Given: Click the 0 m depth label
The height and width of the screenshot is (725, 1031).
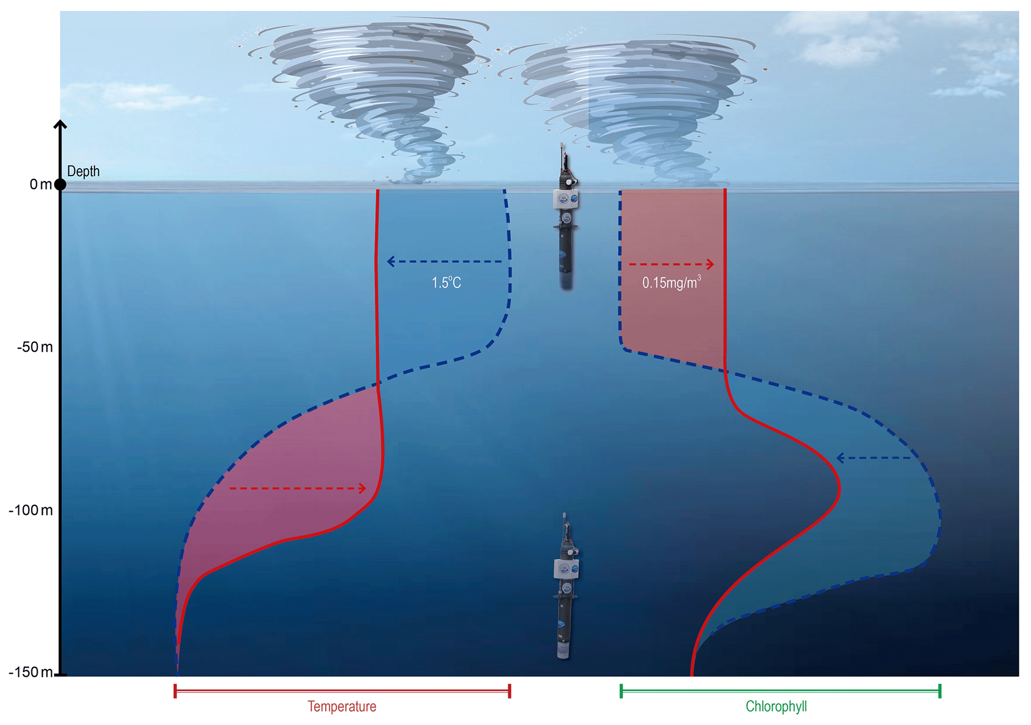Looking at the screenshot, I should click(x=40, y=185).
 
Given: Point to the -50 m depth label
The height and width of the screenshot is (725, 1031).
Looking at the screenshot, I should click(x=35, y=347).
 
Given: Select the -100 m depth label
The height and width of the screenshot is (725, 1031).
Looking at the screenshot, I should click(x=30, y=510).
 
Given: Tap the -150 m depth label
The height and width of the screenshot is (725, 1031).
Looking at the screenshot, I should click(x=30, y=672).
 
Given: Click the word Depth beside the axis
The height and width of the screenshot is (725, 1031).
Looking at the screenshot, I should click(x=83, y=172).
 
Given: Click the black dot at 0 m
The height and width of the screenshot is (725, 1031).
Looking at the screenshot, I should click(x=60, y=185).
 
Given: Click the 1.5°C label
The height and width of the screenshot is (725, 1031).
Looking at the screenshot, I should click(x=446, y=283).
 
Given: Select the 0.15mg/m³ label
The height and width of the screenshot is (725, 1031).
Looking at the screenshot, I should click(x=671, y=283).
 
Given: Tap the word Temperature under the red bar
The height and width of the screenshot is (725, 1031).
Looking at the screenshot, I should click(x=342, y=707).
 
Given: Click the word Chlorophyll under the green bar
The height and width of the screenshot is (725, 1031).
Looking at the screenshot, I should click(x=776, y=707).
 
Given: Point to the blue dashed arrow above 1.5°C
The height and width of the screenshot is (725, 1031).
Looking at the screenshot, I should click(x=444, y=261).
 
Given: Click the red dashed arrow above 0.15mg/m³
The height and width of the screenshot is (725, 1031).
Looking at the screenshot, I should click(x=671, y=264).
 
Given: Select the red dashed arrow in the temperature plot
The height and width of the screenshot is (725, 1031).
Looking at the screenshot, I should click(x=298, y=488).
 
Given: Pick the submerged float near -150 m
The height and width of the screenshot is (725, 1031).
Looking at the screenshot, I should click(x=566, y=589).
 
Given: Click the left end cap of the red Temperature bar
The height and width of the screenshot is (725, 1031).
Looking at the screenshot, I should click(x=175, y=691).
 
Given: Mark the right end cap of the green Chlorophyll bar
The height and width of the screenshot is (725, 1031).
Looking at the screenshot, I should click(x=940, y=691).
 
